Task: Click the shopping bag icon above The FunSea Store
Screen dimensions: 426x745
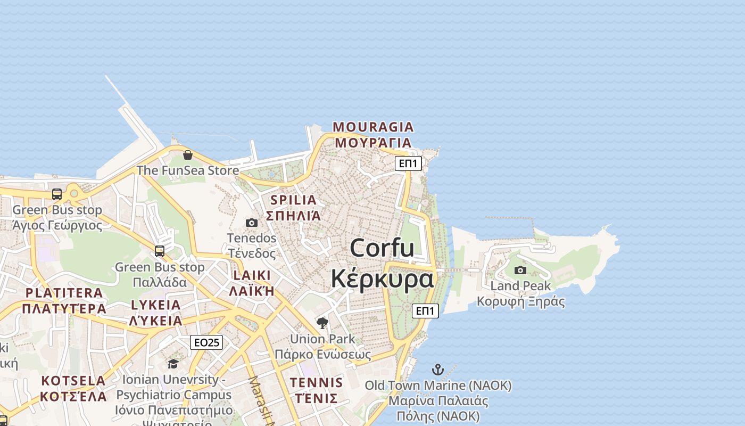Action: click(187, 155)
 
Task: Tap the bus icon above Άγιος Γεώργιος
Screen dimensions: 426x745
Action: click(57, 194)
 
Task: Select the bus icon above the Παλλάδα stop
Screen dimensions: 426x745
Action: click(159, 251)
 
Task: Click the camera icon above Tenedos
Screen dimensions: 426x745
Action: click(252, 223)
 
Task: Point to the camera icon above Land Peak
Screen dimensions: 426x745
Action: click(520, 271)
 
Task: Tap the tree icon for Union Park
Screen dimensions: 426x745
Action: click(322, 323)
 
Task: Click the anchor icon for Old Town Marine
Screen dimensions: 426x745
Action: click(437, 370)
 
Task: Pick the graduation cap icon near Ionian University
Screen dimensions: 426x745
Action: click(173, 364)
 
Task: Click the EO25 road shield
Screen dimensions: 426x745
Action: click(206, 342)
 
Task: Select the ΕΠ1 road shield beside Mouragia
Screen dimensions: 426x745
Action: click(408, 163)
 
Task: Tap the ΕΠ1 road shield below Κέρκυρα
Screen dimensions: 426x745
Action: click(425, 311)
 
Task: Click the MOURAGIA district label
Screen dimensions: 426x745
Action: click(373, 127)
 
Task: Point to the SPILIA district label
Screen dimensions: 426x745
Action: click(293, 200)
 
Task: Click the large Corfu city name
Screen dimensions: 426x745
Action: click(382, 248)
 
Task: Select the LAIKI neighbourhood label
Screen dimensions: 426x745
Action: click(252, 276)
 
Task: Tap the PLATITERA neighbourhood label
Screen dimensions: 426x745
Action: click(64, 293)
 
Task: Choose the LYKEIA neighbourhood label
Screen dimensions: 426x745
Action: click(156, 305)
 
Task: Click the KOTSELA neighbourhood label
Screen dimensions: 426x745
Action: click(73, 381)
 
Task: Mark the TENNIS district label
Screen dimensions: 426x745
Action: click(316, 382)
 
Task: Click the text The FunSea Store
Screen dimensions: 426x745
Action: click(188, 170)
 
